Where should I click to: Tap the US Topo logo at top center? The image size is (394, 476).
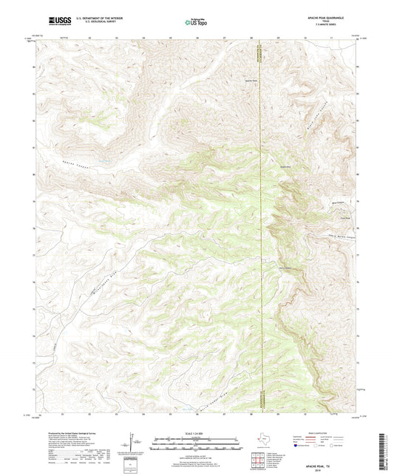(196, 23)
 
